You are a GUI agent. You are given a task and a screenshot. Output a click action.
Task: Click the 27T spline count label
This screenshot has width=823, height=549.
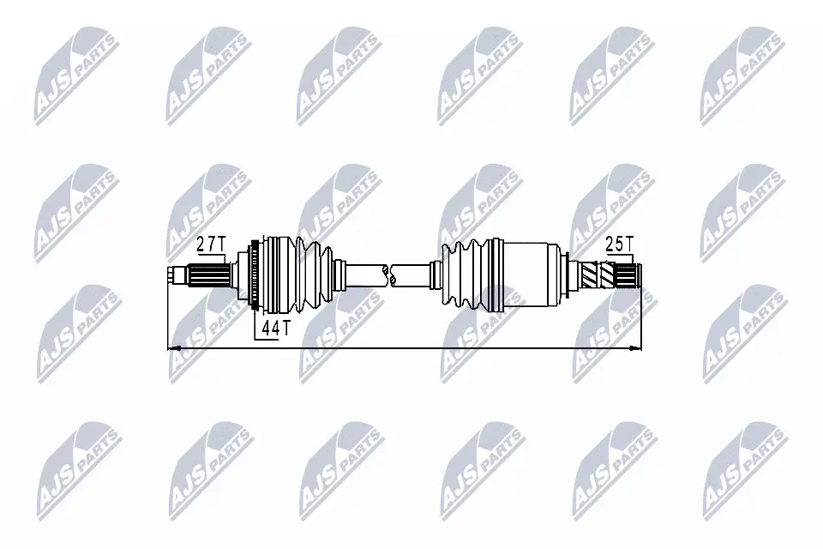click(211, 244)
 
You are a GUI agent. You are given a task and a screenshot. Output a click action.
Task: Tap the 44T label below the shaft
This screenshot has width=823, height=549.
click(275, 329)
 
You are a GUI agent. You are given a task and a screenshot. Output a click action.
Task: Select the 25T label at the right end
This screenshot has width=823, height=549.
click(619, 244)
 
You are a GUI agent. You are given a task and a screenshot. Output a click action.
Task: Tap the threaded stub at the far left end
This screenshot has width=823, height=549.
click(176, 275)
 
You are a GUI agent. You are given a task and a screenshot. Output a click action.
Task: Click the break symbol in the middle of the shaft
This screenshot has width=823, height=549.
click(389, 276)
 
